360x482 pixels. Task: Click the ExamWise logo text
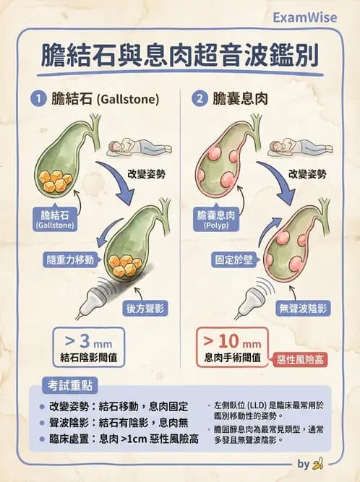(x=304, y=17)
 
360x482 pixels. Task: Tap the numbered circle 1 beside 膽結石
(x=38, y=99)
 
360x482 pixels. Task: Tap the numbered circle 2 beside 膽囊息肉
(x=200, y=99)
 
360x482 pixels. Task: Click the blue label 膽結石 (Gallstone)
(x=56, y=219)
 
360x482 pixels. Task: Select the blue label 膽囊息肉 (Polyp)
(x=216, y=219)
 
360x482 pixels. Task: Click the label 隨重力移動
(x=70, y=259)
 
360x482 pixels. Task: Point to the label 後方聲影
(x=145, y=309)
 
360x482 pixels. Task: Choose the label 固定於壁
(x=233, y=259)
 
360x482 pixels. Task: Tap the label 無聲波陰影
(x=303, y=309)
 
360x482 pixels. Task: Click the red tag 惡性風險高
(x=300, y=359)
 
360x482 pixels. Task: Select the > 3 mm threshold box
(x=88, y=347)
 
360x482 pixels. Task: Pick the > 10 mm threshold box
(x=233, y=347)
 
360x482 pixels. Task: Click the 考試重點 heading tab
(x=70, y=385)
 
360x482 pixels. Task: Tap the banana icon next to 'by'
(x=317, y=463)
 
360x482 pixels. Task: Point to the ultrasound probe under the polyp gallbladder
(x=251, y=300)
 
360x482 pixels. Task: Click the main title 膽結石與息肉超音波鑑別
(x=179, y=56)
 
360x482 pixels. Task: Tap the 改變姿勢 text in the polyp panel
(x=307, y=174)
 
